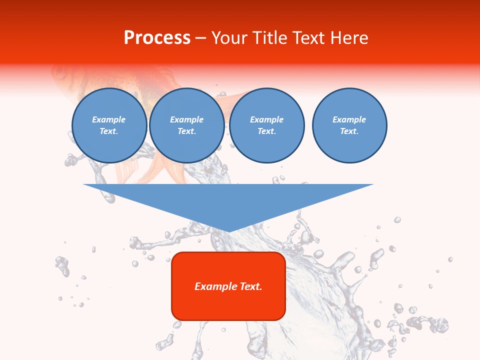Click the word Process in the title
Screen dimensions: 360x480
157,38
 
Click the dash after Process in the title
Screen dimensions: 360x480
200,38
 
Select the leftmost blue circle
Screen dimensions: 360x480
109,125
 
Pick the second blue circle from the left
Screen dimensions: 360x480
187,125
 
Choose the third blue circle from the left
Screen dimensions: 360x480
267,125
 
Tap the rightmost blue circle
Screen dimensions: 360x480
349,125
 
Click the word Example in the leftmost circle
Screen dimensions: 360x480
109,119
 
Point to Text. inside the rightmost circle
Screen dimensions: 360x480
349,131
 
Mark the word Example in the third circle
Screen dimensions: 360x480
266,119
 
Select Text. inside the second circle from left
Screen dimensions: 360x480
187,131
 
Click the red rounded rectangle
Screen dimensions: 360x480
228,305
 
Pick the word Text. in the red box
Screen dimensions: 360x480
250,286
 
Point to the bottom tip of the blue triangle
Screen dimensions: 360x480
228,231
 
